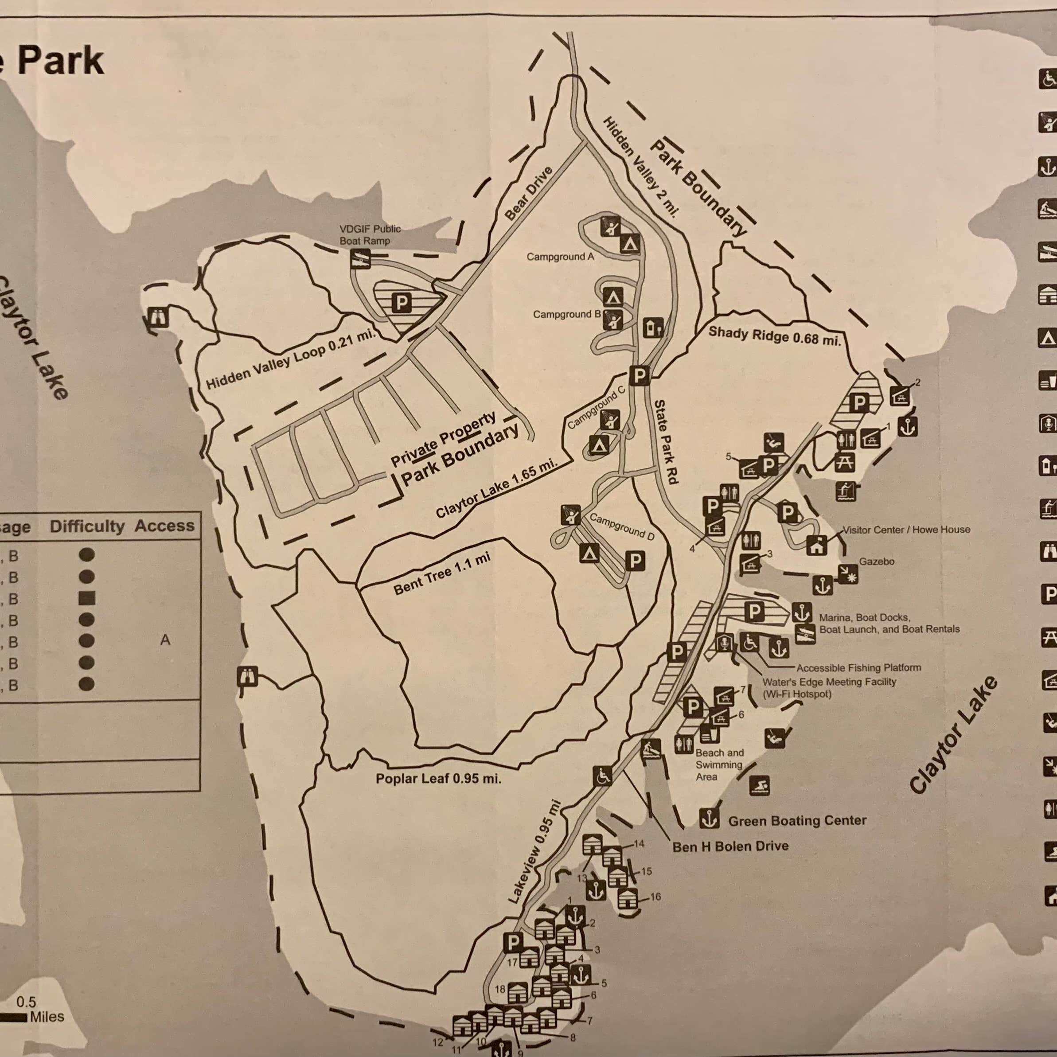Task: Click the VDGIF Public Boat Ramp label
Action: [370, 235]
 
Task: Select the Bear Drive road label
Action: [528, 194]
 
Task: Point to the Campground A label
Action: [560, 257]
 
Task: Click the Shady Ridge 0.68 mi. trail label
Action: [774, 335]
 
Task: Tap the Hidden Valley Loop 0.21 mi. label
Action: [291, 359]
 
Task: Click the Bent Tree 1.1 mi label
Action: [441, 573]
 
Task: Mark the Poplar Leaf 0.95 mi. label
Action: [438, 779]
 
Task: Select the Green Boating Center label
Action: [797, 821]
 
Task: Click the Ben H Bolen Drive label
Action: [730, 846]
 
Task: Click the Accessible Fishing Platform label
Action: [858, 667]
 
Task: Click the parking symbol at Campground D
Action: [635, 560]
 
